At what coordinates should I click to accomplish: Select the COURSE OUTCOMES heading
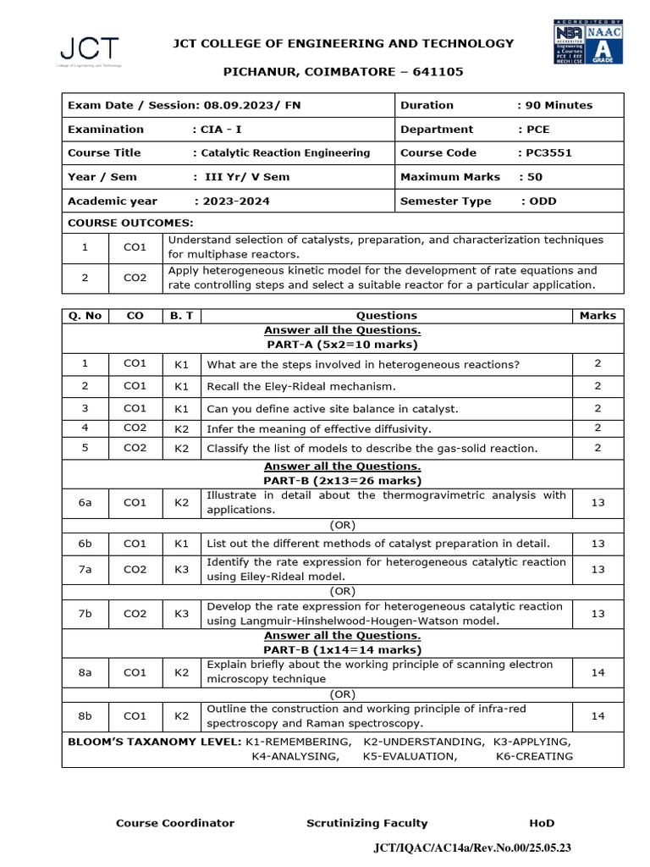coord(130,223)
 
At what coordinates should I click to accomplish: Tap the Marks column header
coord(598,316)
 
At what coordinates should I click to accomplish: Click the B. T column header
coord(181,316)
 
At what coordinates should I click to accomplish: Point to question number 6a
coord(85,502)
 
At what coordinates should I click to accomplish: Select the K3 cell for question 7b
coord(181,613)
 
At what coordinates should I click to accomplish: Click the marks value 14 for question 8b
coord(598,715)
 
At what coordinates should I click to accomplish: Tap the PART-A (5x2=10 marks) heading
coord(342,345)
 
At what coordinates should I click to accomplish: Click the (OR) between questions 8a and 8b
coord(342,694)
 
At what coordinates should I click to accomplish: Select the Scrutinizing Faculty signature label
coord(366,823)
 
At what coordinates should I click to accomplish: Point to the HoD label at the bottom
coord(542,823)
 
